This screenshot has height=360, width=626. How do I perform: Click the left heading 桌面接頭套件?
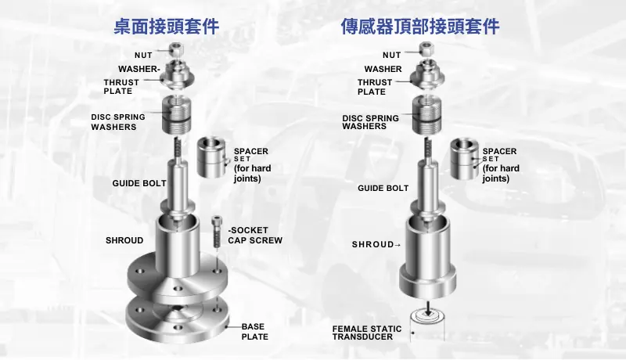166,27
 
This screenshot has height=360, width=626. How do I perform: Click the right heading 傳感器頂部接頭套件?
420,27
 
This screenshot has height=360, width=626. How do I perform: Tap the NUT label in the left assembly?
143,55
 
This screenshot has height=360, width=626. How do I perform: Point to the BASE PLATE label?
254,332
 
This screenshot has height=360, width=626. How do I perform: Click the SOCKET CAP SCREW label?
255,236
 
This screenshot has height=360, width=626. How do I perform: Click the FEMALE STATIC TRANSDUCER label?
367,333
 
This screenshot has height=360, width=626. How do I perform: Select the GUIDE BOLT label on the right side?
383,189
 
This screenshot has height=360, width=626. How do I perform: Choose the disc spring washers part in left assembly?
179,114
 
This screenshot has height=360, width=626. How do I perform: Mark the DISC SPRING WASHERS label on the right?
370,122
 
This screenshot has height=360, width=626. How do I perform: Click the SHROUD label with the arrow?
376,245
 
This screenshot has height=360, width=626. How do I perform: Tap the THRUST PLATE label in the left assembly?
121,87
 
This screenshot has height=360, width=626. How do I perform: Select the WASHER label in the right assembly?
383,69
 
